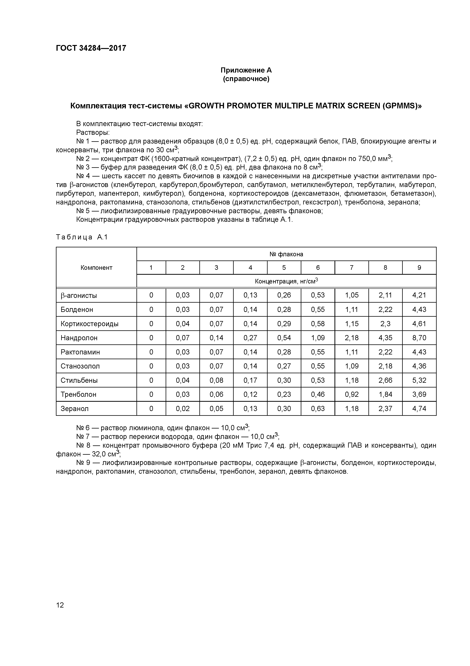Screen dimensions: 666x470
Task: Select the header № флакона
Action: pos(286,254)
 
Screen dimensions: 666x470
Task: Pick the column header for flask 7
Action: pos(351,268)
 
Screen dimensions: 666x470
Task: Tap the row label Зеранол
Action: pos(74,409)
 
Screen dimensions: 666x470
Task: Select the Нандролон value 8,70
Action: pos(419,338)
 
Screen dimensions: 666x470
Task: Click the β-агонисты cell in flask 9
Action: pos(419,295)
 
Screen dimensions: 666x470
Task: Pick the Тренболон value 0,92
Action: pos(351,395)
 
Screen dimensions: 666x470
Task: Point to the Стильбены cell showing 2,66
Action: pos(385,380)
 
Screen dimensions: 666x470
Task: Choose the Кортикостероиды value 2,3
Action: pos(385,324)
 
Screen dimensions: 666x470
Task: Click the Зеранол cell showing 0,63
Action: pos(318,409)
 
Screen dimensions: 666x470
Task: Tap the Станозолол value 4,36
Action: pos(419,366)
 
